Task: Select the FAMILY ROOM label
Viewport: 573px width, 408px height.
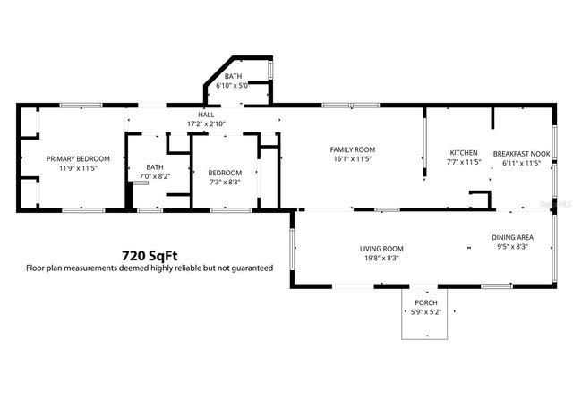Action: coord(352,149)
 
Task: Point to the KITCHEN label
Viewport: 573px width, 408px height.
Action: coord(464,153)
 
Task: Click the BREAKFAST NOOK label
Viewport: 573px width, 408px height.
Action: coord(516,153)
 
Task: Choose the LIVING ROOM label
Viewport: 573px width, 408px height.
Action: coord(382,249)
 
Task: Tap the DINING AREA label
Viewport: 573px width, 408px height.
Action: coord(509,237)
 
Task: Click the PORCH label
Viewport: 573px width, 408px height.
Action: coord(425,303)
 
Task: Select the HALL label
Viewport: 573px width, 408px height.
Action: coord(206,115)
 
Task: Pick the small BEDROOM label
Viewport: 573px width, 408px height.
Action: coord(226,173)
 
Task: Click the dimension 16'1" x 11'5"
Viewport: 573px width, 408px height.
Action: coord(352,159)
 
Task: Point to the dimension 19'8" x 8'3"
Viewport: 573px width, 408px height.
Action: coord(382,259)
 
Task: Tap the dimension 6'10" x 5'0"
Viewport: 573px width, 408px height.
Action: coord(233,86)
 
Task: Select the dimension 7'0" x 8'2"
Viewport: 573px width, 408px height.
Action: coord(155,176)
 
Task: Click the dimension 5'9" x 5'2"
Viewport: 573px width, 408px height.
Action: coord(425,312)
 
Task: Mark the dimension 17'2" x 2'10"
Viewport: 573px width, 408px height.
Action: coord(206,124)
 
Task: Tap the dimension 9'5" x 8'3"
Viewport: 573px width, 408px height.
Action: coord(509,247)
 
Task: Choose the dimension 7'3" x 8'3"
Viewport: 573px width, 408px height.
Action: coord(226,183)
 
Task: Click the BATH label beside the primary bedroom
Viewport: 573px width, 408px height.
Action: coord(155,166)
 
